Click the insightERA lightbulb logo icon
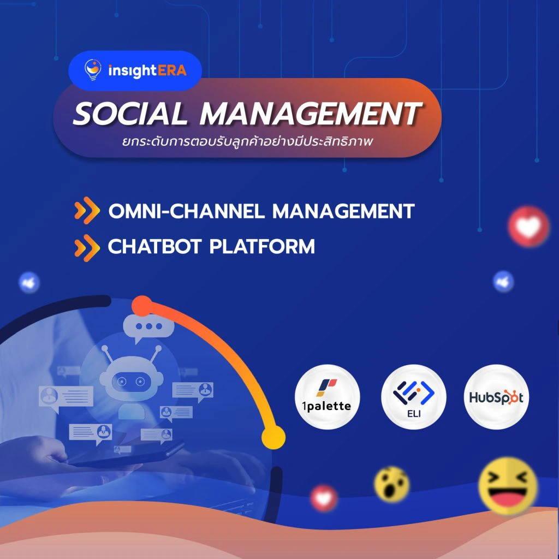tap(93, 69)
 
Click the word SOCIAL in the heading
tap(130, 114)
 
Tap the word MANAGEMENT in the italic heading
tap(311, 114)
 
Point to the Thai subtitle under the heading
tap(247, 141)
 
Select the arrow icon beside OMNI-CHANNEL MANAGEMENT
tap(87, 210)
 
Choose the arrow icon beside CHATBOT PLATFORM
tap(87, 248)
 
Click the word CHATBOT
tap(154, 246)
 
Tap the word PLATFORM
tap(262, 246)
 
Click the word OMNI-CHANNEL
tap(187, 211)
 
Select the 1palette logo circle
tap(327, 397)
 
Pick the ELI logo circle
tap(414, 397)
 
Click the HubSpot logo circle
tap(496, 397)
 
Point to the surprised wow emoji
tap(392, 484)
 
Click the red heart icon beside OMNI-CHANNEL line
tap(528, 227)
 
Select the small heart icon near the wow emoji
tap(324, 498)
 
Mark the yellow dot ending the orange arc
tap(273, 437)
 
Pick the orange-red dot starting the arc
tap(142, 306)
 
